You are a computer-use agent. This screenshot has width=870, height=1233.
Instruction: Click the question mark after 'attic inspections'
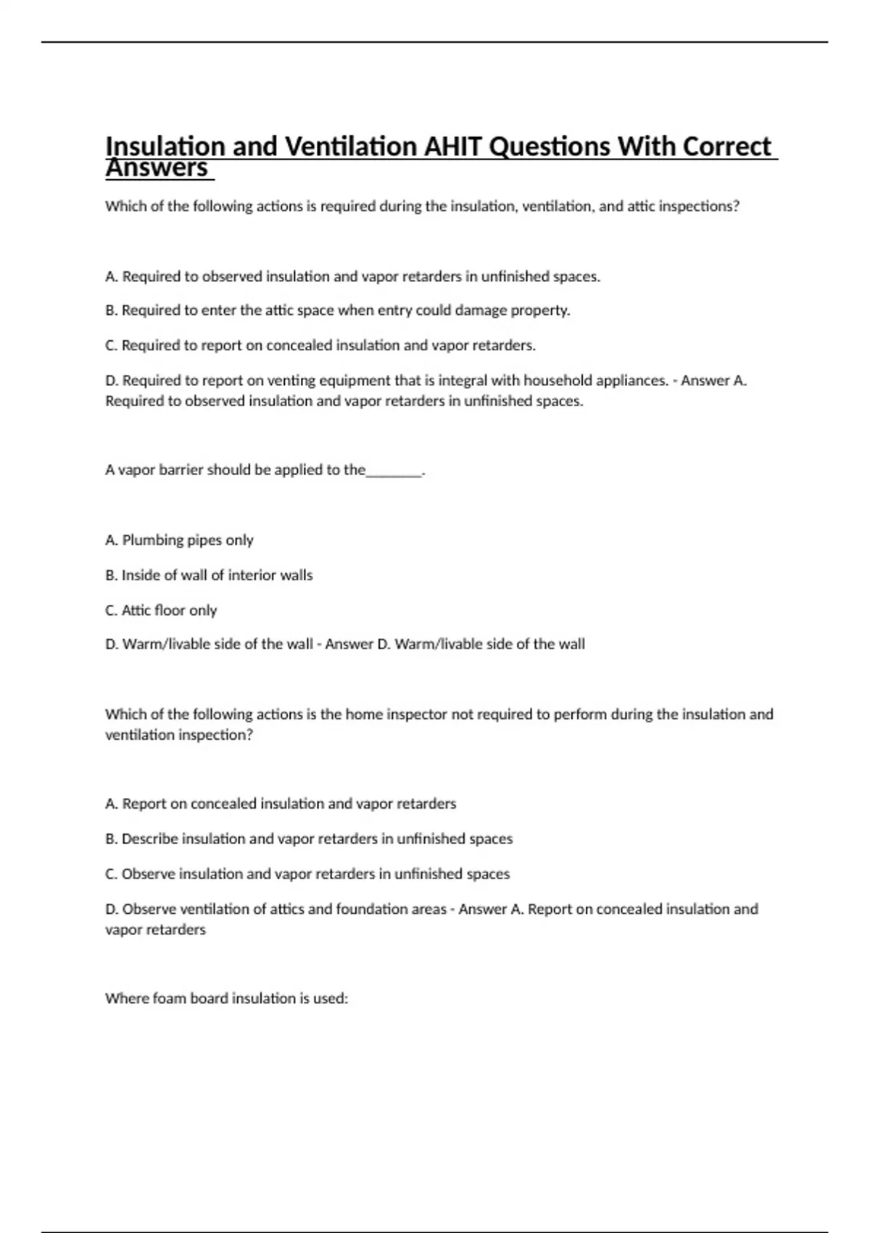click(736, 206)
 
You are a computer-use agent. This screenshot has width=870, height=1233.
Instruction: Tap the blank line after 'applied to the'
click(394, 470)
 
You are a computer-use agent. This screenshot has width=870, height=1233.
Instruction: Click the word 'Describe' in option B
click(149, 839)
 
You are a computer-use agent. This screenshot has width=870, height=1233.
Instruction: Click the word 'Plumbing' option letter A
click(111, 540)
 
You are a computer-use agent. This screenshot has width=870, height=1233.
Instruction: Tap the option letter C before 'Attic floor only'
click(111, 611)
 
